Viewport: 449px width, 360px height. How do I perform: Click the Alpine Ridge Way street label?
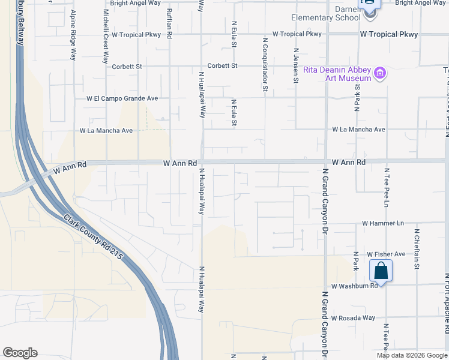(x=73, y=35)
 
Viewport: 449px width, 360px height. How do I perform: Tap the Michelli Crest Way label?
(x=106, y=37)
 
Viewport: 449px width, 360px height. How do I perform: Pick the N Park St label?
(x=357, y=96)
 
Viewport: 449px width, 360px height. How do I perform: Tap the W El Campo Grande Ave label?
(x=122, y=98)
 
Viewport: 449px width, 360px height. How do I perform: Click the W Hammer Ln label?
(x=383, y=223)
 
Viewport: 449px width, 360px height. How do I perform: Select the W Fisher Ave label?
(x=387, y=254)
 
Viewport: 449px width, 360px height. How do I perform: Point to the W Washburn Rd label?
(x=354, y=286)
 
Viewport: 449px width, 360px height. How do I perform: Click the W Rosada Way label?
(x=353, y=317)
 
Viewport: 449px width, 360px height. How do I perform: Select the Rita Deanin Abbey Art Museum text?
(x=337, y=74)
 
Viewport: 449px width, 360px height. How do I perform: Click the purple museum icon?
(x=379, y=74)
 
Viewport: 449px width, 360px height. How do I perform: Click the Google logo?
(x=20, y=353)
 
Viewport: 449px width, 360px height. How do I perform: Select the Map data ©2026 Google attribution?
(x=411, y=355)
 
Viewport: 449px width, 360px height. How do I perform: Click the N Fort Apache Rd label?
(x=447, y=312)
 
